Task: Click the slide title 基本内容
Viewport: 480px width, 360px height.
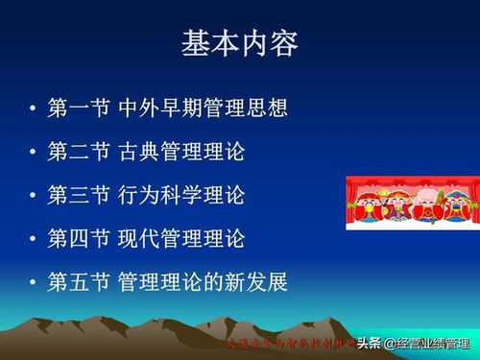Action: pyautogui.click(x=240, y=44)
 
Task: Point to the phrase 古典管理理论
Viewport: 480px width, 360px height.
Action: pyautogui.click(x=179, y=152)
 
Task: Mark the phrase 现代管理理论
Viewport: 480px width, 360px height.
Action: pyautogui.click(x=179, y=238)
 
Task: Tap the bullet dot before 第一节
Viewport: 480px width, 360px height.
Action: pyautogui.click(x=34, y=108)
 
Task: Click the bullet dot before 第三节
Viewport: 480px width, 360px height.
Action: pyautogui.click(x=34, y=196)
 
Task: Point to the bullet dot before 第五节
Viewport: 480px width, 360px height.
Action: pyautogui.click(x=34, y=283)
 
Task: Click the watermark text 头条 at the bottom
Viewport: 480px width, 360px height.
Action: pyautogui.click(x=370, y=343)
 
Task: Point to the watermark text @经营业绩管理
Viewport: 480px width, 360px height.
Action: pyautogui.click(x=427, y=343)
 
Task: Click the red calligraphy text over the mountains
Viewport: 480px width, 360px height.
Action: pyautogui.click(x=288, y=343)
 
